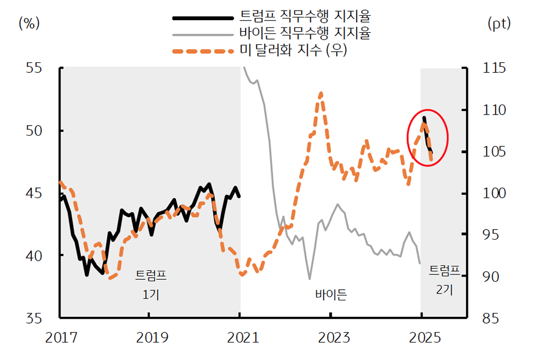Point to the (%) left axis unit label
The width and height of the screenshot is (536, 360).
point(30,23)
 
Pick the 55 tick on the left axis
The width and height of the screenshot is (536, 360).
point(37,68)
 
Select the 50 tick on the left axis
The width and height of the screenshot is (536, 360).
point(37,130)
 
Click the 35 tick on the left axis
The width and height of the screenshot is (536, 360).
point(37,318)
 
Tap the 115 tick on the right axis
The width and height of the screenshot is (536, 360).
point(492,68)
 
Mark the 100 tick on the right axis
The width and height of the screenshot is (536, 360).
point(492,193)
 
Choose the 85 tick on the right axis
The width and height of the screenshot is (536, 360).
point(492,318)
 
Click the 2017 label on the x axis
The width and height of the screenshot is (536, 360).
point(60,337)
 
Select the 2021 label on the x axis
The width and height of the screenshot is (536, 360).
point(241,337)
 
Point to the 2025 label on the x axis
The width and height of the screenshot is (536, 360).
point(421,337)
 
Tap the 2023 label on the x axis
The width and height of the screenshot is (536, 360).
point(331,337)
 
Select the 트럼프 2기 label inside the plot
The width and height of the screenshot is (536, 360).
point(444,280)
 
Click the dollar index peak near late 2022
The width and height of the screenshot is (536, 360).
point(321,93)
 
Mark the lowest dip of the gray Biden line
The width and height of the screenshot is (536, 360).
point(310,278)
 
